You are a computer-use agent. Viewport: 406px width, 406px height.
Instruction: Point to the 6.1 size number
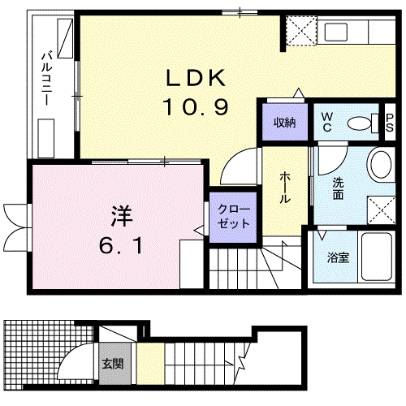tap(122, 244)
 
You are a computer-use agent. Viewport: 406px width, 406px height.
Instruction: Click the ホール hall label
tap(287, 186)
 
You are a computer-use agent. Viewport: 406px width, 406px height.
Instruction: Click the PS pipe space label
tap(389, 123)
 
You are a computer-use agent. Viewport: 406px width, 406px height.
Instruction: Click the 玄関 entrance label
tap(113, 363)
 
